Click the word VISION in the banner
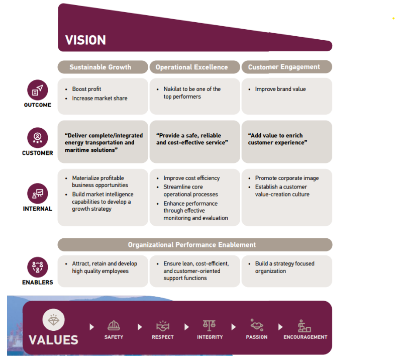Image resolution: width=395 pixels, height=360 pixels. tap(85, 40)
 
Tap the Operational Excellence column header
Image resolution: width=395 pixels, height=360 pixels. tap(191, 67)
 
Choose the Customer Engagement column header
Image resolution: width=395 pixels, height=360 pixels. tap(284, 67)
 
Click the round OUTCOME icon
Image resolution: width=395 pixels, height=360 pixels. tap(38, 91)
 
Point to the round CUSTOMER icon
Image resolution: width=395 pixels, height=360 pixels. tap(38, 138)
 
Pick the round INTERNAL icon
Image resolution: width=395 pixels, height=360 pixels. tap(38, 194)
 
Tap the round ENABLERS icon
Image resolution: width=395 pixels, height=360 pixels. tap(38, 267)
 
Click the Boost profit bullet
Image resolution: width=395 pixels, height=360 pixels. tap(86, 89)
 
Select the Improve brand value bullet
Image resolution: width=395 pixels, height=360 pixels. tap(280, 89)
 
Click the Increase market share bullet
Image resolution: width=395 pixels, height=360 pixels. tap(100, 98)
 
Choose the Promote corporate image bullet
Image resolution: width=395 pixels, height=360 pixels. tap(286, 178)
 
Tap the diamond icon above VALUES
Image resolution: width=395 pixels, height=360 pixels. tap(53, 320)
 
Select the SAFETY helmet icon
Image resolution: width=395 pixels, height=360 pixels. tap(114, 325)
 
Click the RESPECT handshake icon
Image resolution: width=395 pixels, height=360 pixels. tap(163, 325)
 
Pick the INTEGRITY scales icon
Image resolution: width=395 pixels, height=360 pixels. tap(210, 325)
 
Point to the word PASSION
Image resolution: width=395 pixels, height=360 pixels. tap(257, 337)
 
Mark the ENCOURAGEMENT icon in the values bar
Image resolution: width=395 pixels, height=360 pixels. tap(305, 326)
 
